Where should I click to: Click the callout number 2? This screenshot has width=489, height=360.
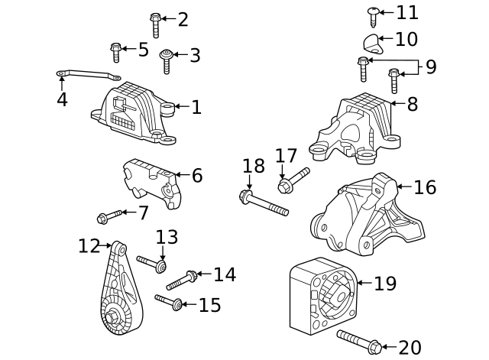pyautogui.click(x=183, y=20)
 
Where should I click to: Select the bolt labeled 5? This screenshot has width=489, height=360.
pyautogui.click(x=116, y=52)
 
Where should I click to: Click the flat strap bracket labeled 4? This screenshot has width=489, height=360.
pyautogui.click(x=88, y=75)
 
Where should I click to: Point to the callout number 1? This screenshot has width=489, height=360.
pyautogui.click(x=196, y=107)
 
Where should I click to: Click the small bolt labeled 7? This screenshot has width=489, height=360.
pyautogui.click(x=109, y=216)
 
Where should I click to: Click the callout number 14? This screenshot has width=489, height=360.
pyautogui.click(x=225, y=274)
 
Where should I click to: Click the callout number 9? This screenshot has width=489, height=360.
pyautogui.click(x=431, y=67)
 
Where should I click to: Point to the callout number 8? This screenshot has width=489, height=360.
pyautogui.click(x=413, y=104)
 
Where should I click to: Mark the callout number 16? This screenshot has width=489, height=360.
pyautogui.click(x=425, y=187)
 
